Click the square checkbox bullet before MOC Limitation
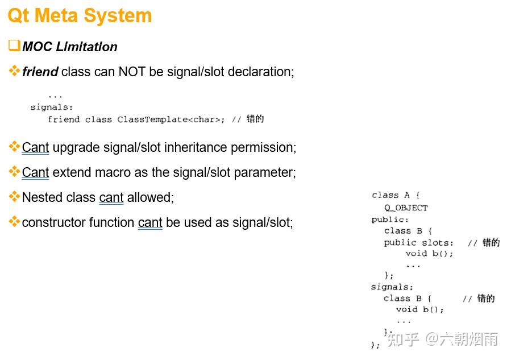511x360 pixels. coord(14,45)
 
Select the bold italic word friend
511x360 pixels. coord(40,72)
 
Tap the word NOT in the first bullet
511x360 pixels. coord(132,72)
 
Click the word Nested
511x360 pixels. coord(41,197)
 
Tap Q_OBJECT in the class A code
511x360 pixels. coord(406,208)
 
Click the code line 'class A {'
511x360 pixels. coord(396,196)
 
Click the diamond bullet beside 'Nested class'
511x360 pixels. coord(14,197)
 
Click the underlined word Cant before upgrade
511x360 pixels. coord(35,147)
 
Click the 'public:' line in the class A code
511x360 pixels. coord(390,220)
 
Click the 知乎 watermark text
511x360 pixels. coord(404,340)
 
